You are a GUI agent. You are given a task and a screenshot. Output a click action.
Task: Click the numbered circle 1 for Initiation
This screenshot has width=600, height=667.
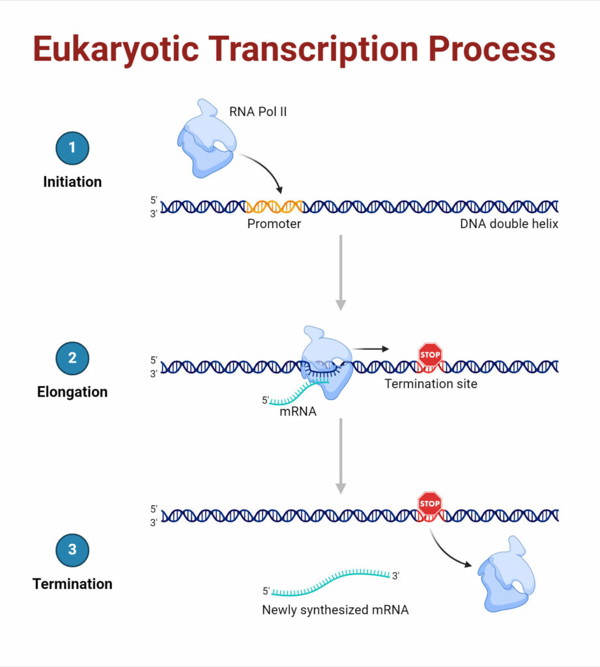(x=72, y=148)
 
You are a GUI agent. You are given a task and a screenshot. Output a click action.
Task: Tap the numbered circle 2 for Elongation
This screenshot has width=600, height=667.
(x=72, y=358)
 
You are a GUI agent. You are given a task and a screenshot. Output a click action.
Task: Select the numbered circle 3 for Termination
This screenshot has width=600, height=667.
(x=72, y=550)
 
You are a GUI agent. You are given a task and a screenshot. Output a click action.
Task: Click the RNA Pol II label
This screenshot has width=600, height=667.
(x=258, y=111)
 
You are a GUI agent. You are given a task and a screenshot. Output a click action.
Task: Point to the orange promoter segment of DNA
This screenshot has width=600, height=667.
(x=274, y=206)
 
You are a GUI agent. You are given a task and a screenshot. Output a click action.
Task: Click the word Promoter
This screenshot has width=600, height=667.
(x=274, y=224)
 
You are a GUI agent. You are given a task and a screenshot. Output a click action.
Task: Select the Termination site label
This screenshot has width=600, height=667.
(x=431, y=384)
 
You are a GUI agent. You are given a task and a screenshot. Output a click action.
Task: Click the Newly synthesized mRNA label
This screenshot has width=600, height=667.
(x=335, y=610)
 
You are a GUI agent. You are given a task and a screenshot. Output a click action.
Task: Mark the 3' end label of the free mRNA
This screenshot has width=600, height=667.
(x=395, y=575)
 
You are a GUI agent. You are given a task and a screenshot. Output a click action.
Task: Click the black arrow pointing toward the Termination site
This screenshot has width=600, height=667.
(x=371, y=348)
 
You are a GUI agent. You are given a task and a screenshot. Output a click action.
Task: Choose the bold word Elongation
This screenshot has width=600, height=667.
(x=72, y=392)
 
